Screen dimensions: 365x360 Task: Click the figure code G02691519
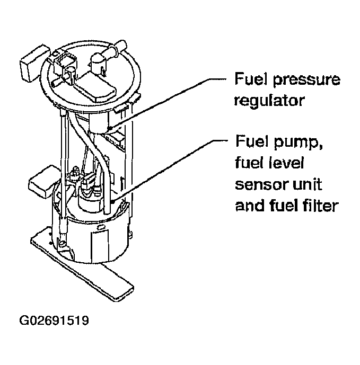tap(54, 321)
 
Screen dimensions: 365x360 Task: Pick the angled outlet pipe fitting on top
tap(109, 53)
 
